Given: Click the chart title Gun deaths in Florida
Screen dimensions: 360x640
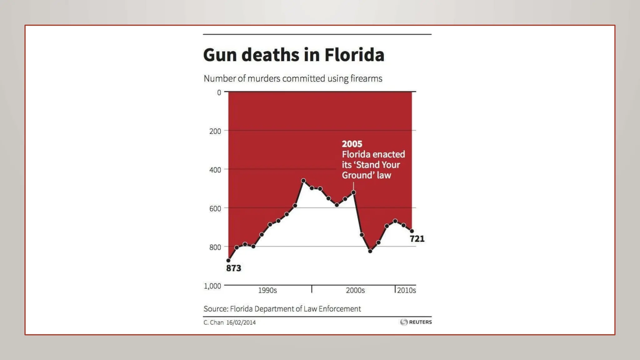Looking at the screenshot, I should tap(293, 55).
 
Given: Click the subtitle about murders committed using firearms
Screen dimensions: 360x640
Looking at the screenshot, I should tap(293, 78).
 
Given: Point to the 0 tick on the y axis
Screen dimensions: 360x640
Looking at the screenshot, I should tap(219, 92).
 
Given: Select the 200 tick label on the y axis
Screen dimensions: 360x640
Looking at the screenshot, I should tap(215, 131).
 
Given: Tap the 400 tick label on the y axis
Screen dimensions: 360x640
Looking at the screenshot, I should tap(215, 170).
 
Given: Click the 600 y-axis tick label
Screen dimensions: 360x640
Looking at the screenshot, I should tap(215, 209).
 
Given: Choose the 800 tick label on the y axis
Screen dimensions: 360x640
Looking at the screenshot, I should tap(215, 247).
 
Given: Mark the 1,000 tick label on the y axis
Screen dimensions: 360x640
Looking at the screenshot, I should tap(212, 286).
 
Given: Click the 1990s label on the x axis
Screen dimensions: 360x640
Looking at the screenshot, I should tap(267, 290).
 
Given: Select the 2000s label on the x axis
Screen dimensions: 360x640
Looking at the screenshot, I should tap(355, 290).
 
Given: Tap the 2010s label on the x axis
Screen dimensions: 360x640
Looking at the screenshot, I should tap(406, 290).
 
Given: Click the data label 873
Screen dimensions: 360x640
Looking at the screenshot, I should tap(234, 268).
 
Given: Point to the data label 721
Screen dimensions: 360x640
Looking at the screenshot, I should tap(417, 239).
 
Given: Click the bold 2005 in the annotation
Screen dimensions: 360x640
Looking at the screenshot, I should tap(352, 144).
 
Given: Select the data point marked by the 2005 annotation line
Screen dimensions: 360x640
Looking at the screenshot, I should tap(353, 192).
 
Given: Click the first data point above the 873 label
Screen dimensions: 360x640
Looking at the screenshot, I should tap(228, 260).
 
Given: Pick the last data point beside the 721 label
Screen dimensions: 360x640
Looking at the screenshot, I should tap(412, 231).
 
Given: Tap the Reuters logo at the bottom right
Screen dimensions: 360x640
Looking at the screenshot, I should tap(416, 322).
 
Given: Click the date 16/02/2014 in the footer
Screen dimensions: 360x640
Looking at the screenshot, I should tap(241, 322).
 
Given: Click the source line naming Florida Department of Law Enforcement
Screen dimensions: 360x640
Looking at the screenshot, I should tap(282, 309).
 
